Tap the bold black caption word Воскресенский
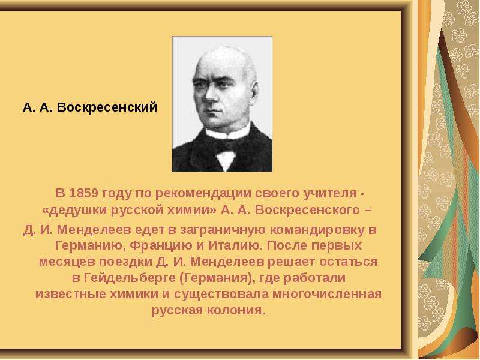107,107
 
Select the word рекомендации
203,194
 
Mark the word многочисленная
327,294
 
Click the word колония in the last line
235,310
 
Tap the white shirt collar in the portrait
228,132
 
